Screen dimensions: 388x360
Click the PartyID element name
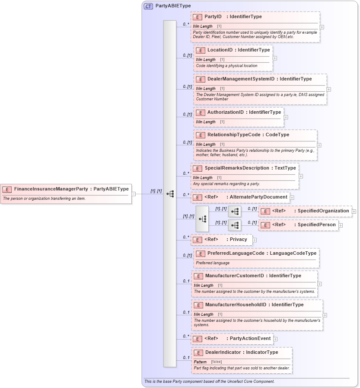coord(213,16)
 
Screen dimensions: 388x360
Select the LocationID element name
coord(220,50)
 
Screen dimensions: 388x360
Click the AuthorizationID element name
coord(225,112)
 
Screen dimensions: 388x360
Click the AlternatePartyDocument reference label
coord(258,197)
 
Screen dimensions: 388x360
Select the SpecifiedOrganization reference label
coord(323,211)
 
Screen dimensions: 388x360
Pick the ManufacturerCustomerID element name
coord(234,276)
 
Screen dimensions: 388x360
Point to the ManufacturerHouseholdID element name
coord(236,305)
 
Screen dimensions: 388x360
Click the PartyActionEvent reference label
coord(250,338)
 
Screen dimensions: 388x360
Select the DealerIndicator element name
coord(223,352)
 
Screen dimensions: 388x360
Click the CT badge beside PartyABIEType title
coord(148,6)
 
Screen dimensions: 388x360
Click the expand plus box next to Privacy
coord(255,240)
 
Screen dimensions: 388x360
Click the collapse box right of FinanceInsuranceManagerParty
coord(134,194)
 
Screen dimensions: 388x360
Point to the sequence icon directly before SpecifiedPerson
coord(235,225)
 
